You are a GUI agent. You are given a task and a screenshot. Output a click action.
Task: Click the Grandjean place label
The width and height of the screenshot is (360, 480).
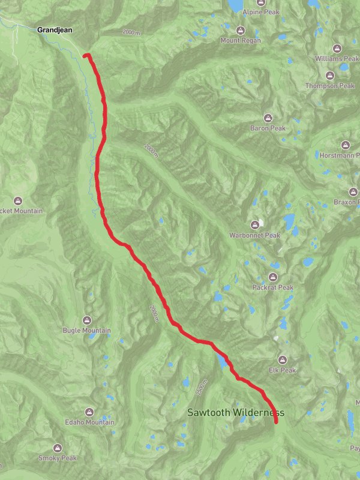click(x=55, y=29)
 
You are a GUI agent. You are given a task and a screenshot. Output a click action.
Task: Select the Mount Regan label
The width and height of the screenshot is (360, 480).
click(x=241, y=40)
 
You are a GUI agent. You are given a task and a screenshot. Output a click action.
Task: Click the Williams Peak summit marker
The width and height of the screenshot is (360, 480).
click(x=337, y=49)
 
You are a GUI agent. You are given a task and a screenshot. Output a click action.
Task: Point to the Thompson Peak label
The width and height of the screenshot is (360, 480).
click(x=330, y=86)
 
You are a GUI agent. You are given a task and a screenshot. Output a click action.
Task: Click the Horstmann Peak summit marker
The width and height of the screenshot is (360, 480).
click(x=345, y=145)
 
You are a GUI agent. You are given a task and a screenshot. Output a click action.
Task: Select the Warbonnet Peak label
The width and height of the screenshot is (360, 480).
click(x=254, y=235)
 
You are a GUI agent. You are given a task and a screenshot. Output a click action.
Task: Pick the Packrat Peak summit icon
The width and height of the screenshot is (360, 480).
click(x=273, y=277)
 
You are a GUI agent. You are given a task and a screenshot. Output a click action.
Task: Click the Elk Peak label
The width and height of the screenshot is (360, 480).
click(x=283, y=370)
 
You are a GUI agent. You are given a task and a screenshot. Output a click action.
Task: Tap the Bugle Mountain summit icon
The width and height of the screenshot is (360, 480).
click(x=87, y=320)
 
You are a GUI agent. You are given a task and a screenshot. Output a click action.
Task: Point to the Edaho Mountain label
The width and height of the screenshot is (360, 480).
click(x=89, y=422)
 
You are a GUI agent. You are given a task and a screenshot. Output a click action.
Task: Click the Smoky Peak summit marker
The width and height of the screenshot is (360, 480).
click(x=58, y=448)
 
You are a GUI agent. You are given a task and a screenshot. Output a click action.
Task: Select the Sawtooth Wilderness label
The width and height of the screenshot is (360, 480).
click(x=235, y=413)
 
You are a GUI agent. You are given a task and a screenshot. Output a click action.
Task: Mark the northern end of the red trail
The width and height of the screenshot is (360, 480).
click(x=85, y=56)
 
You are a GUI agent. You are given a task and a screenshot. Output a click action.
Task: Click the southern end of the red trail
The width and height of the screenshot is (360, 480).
click(x=277, y=422)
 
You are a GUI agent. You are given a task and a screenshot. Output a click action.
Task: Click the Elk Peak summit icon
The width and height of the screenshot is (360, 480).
click(x=282, y=360)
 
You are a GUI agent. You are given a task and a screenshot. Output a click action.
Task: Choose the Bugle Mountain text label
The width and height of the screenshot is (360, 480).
click(x=87, y=331)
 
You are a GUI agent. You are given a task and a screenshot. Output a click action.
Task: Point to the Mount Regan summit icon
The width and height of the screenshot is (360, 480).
click(x=241, y=31)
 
